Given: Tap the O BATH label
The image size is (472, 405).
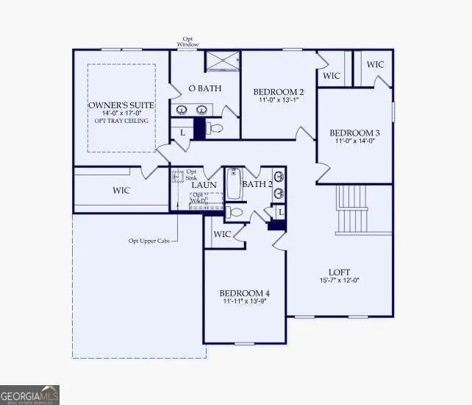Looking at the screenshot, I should click(201, 89).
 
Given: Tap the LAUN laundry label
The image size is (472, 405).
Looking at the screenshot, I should click(203, 184).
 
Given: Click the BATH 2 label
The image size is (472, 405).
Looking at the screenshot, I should click(257, 184).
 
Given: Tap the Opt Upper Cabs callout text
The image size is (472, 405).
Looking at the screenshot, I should click(149, 240).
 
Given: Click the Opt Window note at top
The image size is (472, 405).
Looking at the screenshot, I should click(187, 42).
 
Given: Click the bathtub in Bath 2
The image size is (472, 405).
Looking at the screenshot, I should click(235, 184).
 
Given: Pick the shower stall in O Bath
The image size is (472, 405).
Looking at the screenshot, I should click(221, 62).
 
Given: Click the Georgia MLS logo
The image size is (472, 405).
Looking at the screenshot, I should click(29, 395).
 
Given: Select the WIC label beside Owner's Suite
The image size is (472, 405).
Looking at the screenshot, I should click(121, 191).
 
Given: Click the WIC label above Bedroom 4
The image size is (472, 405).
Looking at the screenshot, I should click(222, 235).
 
